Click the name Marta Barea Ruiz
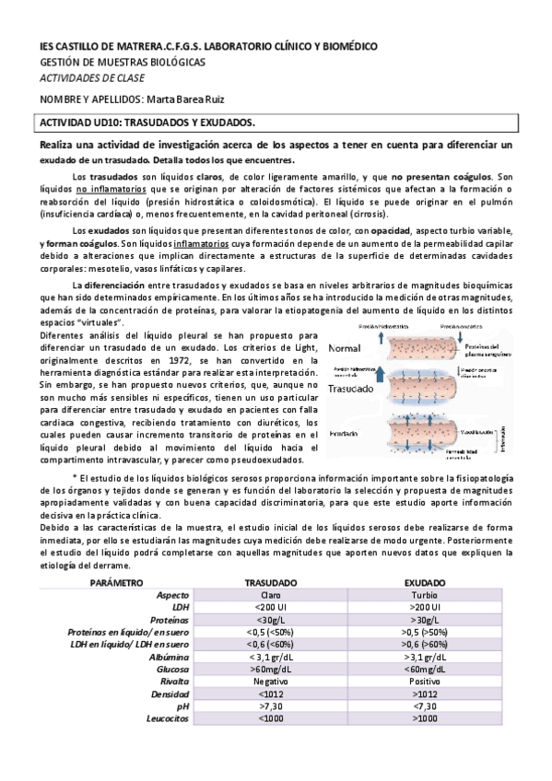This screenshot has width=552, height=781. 189,99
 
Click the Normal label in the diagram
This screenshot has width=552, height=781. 344,350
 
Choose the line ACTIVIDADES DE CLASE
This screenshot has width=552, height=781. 85,78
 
